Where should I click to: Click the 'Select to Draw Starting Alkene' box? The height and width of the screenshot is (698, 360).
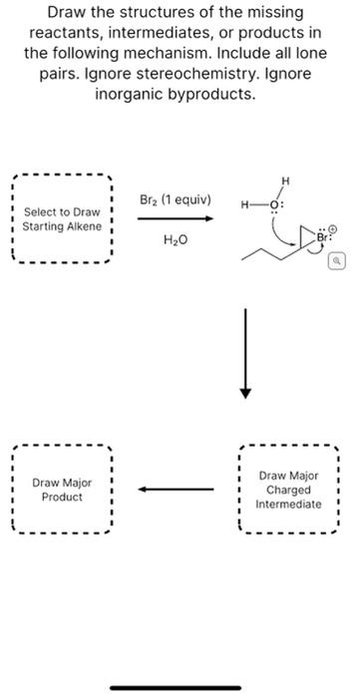pyautogui.click(x=61, y=219)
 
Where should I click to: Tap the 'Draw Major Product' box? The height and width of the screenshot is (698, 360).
pyautogui.click(x=61, y=489)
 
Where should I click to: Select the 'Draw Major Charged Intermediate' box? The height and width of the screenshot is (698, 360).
pyautogui.click(x=289, y=490)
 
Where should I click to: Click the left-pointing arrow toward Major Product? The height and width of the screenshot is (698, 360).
pyautogui.click(x=176, y=490)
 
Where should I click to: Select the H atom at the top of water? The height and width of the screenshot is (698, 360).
pyautogui.click(x=286, y=180)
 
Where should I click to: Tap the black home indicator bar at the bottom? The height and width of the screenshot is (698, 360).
pyautogui.click(x=180, y=687)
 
